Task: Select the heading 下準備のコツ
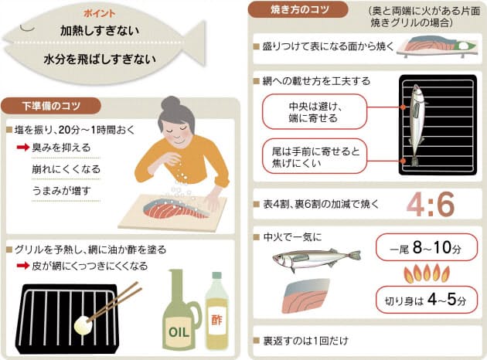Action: point(51,106)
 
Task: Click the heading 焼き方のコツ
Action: point(298,9)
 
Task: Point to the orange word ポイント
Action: point(100,13)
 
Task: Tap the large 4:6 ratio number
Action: point(431,204)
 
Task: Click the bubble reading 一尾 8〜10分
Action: point(427,247)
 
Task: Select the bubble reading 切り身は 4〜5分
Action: point(427,300)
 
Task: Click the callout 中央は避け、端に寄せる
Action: point(315,112)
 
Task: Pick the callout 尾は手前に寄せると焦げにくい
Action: point(315,156)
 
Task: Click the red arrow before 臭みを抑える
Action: point(23,147)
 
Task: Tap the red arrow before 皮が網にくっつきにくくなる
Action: point(23,265)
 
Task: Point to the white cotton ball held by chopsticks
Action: point(83,325)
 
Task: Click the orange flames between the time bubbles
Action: point(427,273)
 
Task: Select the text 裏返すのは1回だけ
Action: point(305,341)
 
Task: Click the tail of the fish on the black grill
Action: point(414,161)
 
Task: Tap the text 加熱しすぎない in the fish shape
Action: point(100,31)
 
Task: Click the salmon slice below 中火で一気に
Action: point(305,296)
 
